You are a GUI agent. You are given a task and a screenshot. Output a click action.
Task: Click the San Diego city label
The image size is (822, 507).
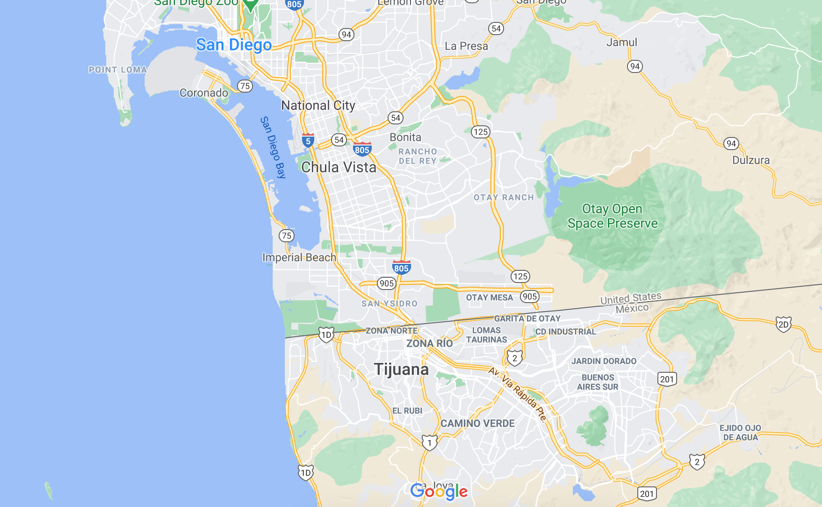(234, 45)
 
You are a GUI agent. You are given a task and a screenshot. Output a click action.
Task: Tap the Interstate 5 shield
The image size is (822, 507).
(308, 140)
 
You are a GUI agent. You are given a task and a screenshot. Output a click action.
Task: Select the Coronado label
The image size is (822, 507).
(204, 93)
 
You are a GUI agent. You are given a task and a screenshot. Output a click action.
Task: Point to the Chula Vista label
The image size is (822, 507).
(339, 167)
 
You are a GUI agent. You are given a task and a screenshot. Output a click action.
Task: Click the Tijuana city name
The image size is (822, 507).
(401, 369)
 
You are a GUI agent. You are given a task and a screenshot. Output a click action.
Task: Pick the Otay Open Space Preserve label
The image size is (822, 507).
(612, 216)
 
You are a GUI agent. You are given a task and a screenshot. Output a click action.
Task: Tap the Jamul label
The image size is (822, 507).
(621, 42)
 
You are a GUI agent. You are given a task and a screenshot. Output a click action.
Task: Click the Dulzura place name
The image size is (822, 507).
(750, 160)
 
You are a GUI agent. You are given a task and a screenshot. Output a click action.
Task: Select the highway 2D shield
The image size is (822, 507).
(783, 324)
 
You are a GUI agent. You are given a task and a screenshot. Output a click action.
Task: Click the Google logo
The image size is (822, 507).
(439, 492)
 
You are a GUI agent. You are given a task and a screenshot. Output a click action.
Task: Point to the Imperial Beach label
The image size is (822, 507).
(299, 257)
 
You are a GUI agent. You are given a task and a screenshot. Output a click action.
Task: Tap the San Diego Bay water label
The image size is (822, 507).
(273, 147)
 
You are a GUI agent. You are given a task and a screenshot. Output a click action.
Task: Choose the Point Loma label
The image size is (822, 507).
(118, 70)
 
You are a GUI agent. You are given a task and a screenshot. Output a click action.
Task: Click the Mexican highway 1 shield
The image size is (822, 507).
(429, 442)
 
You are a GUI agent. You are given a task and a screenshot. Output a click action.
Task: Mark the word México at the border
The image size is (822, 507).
(632, 308)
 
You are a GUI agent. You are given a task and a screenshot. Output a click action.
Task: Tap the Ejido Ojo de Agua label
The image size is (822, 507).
(740, 433)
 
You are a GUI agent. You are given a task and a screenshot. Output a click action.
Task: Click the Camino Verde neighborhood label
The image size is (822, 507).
(477, 423)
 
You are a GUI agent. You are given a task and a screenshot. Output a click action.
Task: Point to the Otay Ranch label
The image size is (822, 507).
(504, 197)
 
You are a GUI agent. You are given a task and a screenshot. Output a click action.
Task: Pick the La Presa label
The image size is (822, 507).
(466, 46)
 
